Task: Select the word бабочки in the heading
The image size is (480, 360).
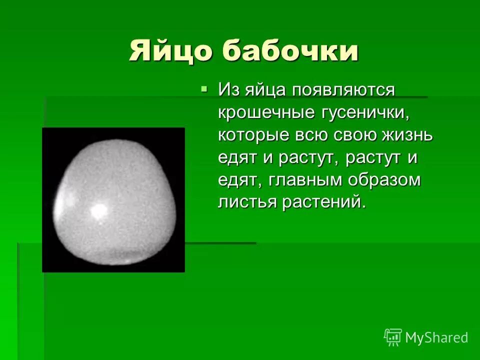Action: (x=290, y=51)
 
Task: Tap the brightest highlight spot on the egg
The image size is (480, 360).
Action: (x=98, y=210)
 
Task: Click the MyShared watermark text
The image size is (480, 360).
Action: (x=436, y=337)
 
